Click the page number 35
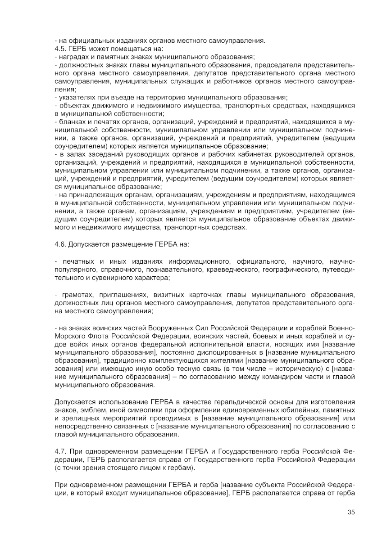tap(351, 512)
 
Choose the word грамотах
tap(73, 294)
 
